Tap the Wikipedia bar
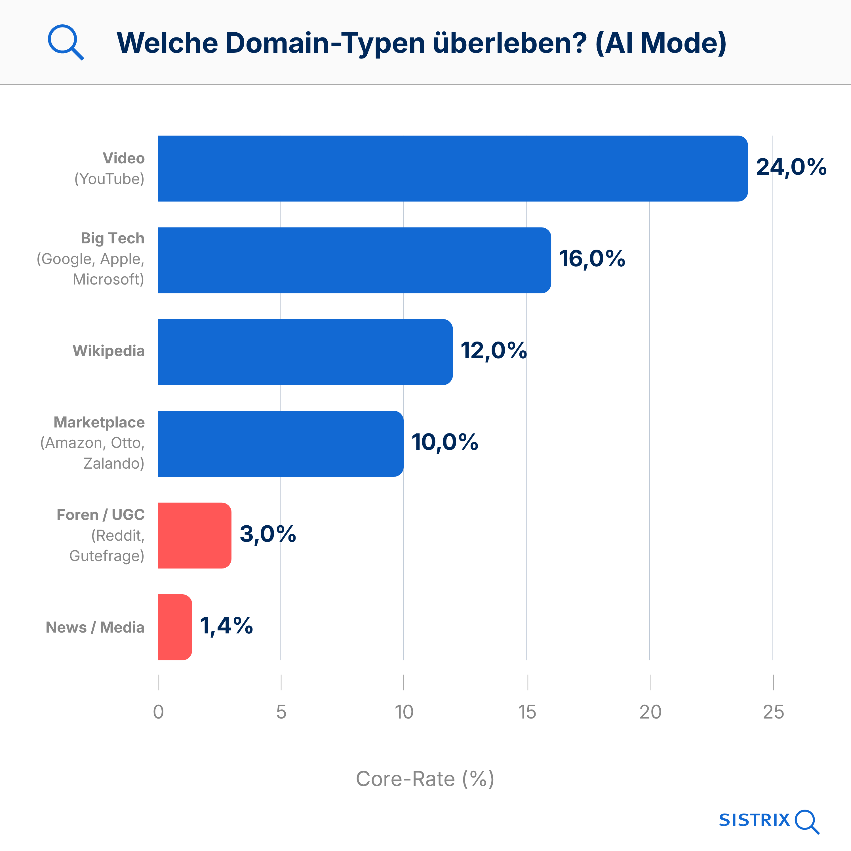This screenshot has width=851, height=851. pyautogui.click(x=305, y=352)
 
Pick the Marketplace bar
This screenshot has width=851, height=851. pyautogui.click(x=280, y=444)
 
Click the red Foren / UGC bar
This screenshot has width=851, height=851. pyautogui.click(x=194, y=535)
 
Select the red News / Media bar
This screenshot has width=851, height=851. pyautogui.click(x=174, y=627)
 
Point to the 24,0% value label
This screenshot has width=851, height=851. pyautogui.click(x=791, y=167)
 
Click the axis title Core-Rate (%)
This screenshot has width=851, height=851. pyautogui.click(x=425, y=779)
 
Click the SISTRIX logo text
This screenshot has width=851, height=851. pyautogui.click(x=754, y=820)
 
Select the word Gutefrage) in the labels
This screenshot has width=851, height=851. pyautogui.click(x=107, y=556)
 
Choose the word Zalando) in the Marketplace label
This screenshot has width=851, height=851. pyautogui.click(x=114, y=464)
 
